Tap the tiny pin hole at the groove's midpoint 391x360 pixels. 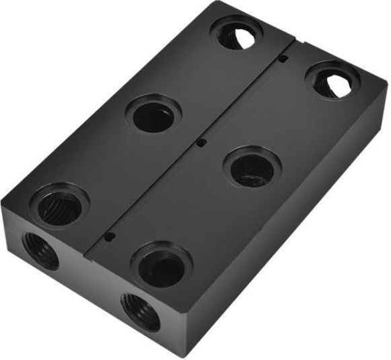point(200,143)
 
